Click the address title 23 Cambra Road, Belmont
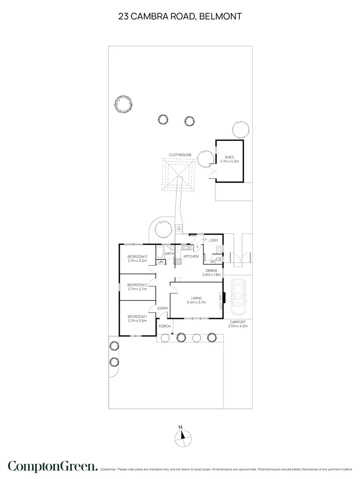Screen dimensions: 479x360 point(180,17)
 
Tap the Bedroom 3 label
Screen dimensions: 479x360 point(137,257)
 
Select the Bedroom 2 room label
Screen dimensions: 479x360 point(137,285)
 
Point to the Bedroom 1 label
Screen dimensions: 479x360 point(137,316)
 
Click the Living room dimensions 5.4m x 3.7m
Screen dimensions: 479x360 point(196,303)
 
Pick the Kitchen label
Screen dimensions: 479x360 point(191,257)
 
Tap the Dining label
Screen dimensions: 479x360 point(211,270)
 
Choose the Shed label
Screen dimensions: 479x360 point(229,157)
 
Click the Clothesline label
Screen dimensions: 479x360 point(180,155)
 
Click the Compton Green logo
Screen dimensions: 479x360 point(52,466)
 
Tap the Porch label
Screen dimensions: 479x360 point(165,327)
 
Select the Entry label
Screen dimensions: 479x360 point(162,309)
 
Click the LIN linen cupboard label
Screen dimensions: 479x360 point(161,263)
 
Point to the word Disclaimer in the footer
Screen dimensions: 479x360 point(109,469)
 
